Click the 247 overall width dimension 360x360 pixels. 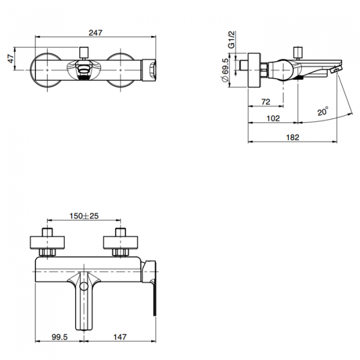[95, 33]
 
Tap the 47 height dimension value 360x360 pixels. [11, 59]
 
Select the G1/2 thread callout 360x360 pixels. [232, 40]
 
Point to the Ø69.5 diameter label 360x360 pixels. [225, 70]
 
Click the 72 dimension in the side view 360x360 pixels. [266, 102]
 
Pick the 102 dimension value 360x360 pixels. [273, 118]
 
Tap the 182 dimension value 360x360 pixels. [293, 137]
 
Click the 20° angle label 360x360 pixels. [323, 112]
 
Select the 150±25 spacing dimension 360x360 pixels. [84, 216]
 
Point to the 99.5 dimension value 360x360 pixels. [59, 337]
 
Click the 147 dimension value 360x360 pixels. [120, 337]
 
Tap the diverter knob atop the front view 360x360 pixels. [83, 53]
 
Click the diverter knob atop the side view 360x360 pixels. [298, 53]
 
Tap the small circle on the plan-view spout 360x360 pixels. [84, 287]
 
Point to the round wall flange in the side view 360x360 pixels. [254, 70]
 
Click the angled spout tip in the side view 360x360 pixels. [335, 69]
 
